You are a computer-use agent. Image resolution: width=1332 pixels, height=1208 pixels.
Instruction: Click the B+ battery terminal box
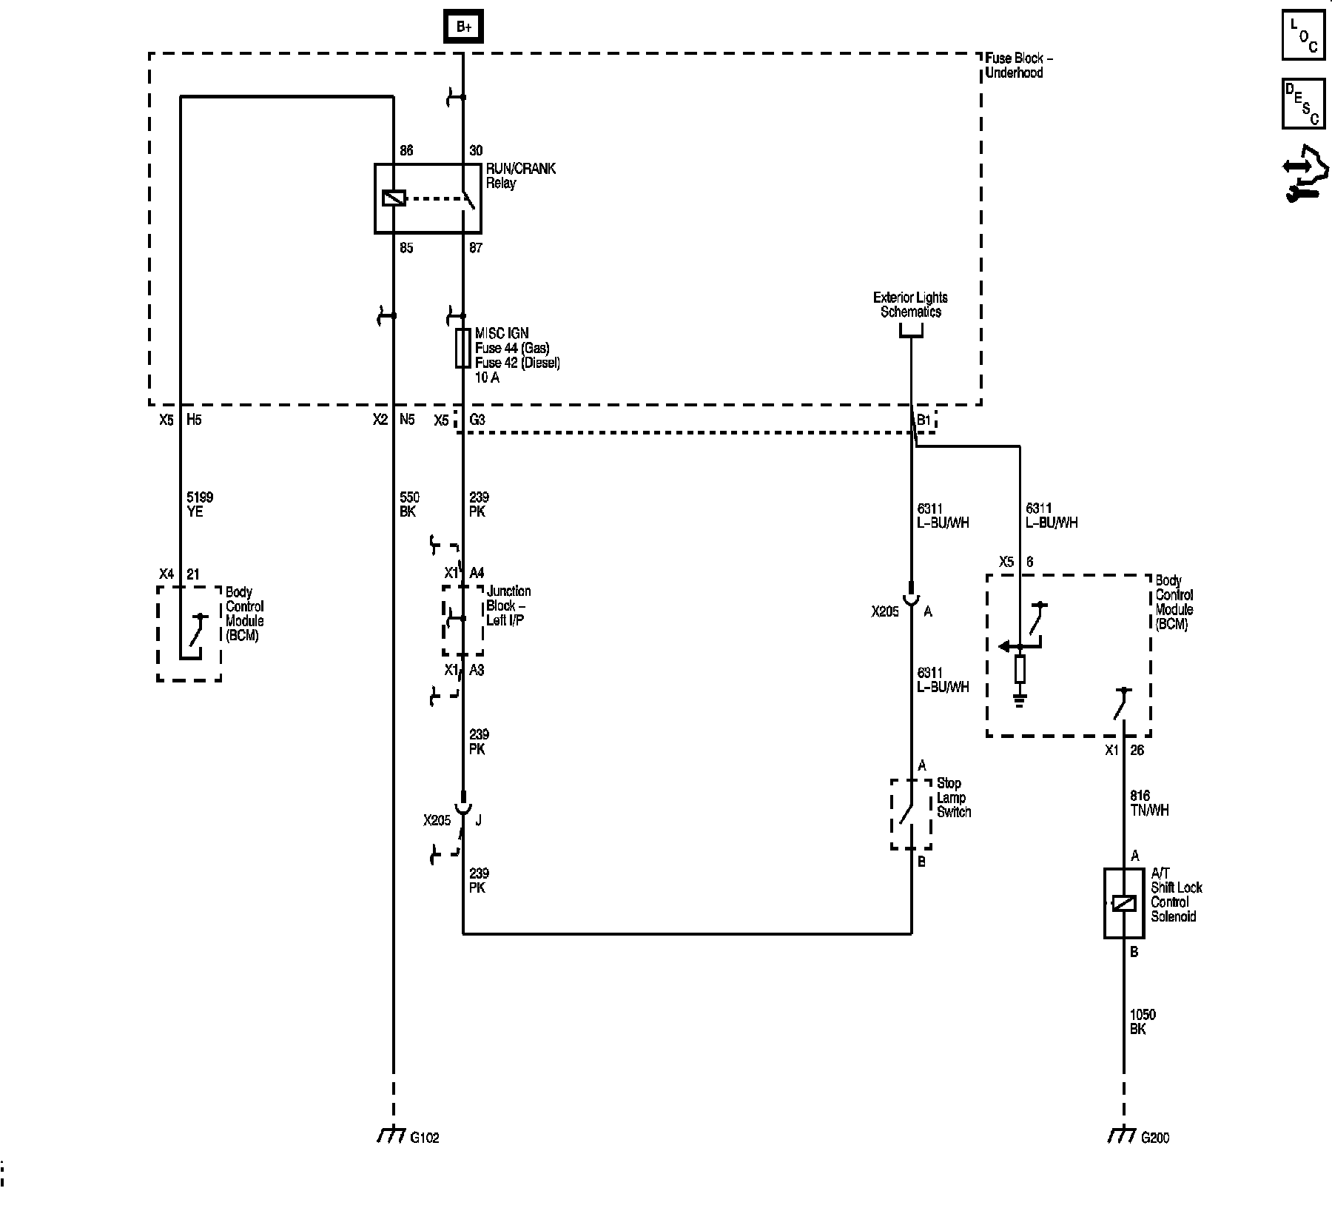pos(464,27)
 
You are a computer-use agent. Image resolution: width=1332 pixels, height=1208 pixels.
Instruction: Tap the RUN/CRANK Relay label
pos(520,175)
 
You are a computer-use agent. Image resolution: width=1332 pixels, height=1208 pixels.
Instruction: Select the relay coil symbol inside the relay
pos(394,198)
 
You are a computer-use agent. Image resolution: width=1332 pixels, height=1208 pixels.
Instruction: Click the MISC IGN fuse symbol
pos(462,349)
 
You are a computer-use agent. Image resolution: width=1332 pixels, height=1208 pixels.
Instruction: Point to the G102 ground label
pos(425,1138)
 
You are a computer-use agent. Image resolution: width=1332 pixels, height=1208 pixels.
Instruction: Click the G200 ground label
pos(1155,1138)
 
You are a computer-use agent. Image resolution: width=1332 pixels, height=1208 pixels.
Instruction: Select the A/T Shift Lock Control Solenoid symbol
pos(1123,903)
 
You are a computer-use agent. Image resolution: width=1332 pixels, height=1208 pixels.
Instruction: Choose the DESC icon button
pos(1303,104)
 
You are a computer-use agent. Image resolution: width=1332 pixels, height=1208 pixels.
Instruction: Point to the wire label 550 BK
pos(409,504)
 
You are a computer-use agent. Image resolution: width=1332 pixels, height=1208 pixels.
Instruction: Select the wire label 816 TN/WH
pos(1149,803)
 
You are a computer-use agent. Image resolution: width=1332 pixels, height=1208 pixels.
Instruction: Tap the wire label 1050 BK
pos(1143,1021)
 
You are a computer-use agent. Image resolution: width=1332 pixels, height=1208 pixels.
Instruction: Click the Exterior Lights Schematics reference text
pos(910,304)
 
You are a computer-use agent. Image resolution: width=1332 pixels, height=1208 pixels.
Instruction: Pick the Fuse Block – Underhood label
pos(1019,65)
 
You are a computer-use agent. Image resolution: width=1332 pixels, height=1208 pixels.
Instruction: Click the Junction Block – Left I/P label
pos(508,605)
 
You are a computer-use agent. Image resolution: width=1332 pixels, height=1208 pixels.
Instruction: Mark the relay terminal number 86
pos(406,151)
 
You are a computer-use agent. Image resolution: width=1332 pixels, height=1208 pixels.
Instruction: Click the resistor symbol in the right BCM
pos(1020,669)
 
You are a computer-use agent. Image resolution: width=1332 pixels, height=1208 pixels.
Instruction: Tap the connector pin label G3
pos(477,420)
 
